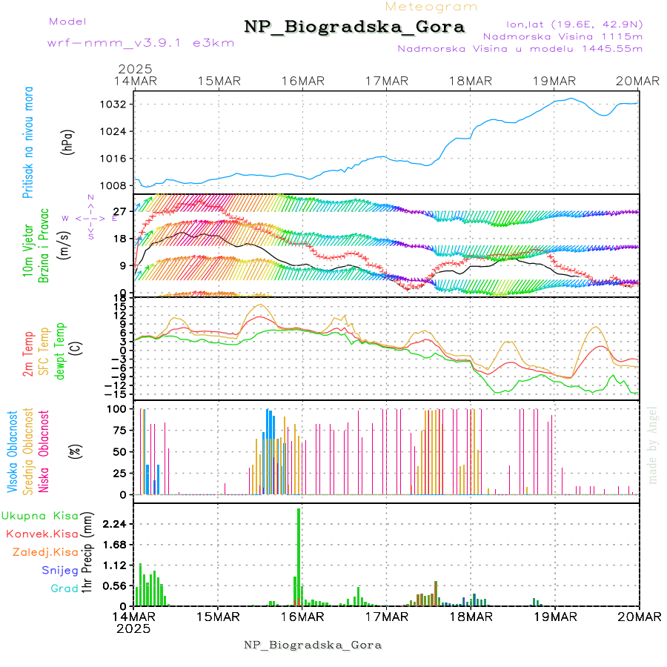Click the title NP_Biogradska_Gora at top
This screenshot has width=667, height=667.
[354, 27]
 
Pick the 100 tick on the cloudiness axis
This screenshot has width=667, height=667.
[119, 408]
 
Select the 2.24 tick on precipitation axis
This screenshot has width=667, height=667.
[114, 524]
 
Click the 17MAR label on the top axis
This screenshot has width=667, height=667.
[386, 81]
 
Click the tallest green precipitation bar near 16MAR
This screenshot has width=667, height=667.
[299, 556]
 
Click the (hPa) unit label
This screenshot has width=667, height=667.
[67, 142]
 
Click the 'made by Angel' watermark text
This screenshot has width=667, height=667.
[653, 445]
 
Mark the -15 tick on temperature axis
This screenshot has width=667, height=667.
[119, 394]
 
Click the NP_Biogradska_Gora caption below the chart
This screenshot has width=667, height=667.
[313, 645]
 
